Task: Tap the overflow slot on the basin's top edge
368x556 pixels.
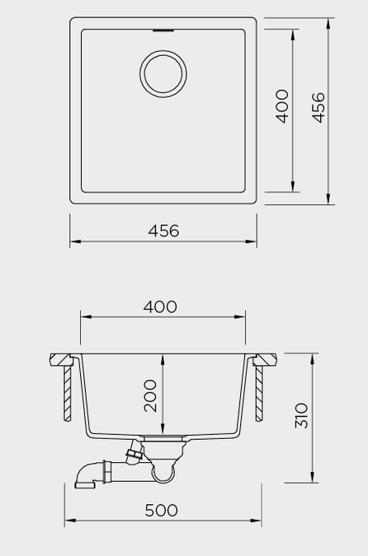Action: [163, 30]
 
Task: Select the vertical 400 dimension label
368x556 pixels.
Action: [283, 106]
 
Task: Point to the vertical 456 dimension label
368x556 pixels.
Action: [318, 107]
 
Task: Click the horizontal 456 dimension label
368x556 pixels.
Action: [163, 231]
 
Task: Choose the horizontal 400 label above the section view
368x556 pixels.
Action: [160, 306]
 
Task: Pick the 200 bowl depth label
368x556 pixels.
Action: [150, 395]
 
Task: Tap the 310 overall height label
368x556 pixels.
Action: [301, 415]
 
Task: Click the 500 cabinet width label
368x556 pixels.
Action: [161, 510]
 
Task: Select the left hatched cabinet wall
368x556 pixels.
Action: [67, 394]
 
